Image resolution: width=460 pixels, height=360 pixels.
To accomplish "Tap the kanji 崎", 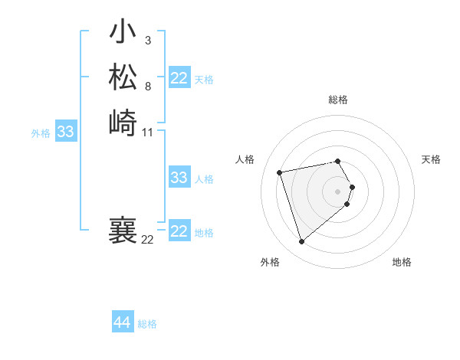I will click(x=123, y=123).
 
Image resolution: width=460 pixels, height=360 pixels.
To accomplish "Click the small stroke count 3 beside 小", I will click(x=147, y=40).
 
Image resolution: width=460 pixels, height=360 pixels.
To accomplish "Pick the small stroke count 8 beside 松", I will click(x=147, y=86).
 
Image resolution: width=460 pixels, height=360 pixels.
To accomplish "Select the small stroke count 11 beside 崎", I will click(x=149, y=133).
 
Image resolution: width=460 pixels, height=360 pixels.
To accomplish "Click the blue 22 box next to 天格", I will click(x=179, y=78).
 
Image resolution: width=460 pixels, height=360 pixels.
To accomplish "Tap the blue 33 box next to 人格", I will click(x=179, y=178).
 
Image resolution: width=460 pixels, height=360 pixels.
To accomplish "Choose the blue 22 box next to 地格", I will click(x=179, y=231).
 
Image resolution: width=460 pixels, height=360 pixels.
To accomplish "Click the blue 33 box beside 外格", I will click(x=66, y=132).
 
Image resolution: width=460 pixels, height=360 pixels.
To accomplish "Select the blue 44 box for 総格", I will click(x=122, y=323).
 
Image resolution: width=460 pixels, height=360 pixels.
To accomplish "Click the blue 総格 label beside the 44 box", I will click(x=147, y=324).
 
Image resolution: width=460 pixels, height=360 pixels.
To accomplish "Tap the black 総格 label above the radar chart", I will click(x=338, y=100).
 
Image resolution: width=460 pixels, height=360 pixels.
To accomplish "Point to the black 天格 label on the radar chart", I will click(x=432, y=159).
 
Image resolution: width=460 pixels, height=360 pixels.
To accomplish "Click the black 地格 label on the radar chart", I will click(x=402, y=262).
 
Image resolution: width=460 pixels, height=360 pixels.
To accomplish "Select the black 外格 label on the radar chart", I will click(x=270, y=262).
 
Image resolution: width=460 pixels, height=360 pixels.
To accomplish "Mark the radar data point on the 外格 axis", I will click(x=301, y=242).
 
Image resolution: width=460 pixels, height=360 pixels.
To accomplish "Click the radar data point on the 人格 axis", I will click(x=280, y=172).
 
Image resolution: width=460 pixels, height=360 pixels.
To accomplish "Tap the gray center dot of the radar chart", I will click(x=338, y=191).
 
